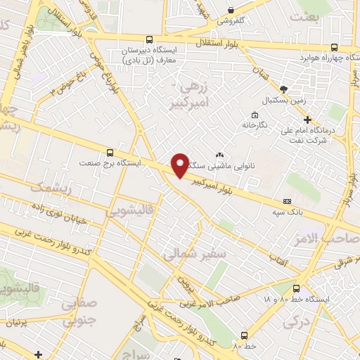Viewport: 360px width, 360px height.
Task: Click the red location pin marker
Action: pyautogui.click(x=180, y=165)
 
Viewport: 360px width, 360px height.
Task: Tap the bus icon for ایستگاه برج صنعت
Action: pyautogui.click(x=109, y=152)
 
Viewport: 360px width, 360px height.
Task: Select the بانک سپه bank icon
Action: pyautogui.click(x=285, y=201)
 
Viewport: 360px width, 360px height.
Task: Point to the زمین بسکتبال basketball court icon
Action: pyautogui.click(x=283, y=89)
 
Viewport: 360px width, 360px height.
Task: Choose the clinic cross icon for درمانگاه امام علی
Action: pyautogui.click(x=307, y=120)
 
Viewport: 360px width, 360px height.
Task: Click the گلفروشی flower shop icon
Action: pyautogui.click(x=231, y=10)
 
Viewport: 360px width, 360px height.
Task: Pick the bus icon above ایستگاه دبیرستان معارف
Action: pyautogui.click(x=148, y=41)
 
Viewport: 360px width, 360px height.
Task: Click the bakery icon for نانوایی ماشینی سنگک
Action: pyautogui.click(x=219, y=155)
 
